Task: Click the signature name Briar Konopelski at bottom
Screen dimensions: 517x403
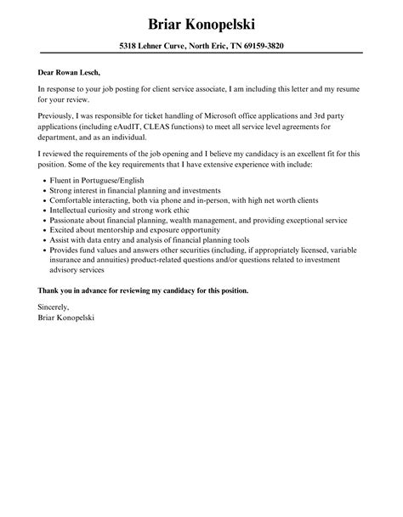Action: [66, 318]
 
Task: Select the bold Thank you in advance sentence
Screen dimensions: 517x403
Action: [143, 290]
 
